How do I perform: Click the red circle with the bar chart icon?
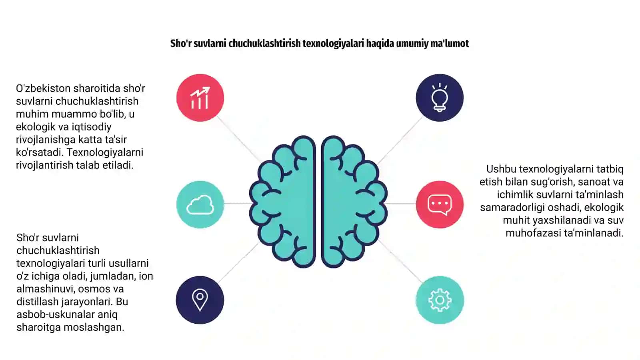(x=200, y=98)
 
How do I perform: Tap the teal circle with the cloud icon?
(x=200, y=204)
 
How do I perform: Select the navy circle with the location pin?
(x=200, y=300)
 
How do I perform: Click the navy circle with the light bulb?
(x=440, y=98)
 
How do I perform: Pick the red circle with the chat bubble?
(x=440, y=204)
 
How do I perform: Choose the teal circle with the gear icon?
(x=440, y=300)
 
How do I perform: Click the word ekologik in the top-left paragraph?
(x=35, y=126)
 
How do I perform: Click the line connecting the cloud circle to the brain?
(x=238, y=203)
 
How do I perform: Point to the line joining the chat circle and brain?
(x=401, y=204)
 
